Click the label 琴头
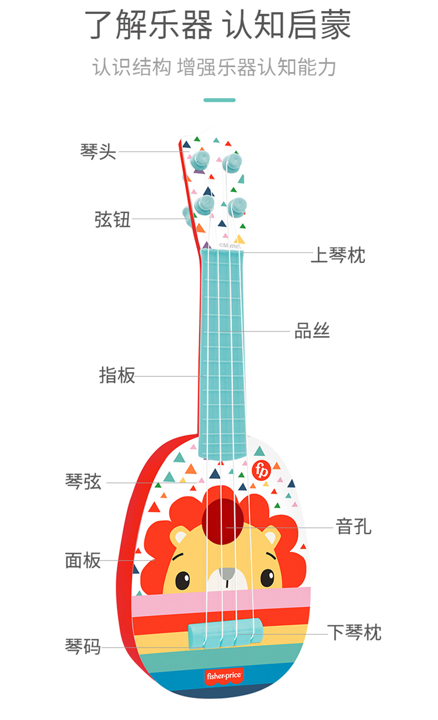tap(98, 152)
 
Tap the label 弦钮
tap(112, 220)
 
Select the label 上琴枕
tap(338, 255)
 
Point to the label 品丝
tap(312, 331)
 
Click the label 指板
tap(117, 375)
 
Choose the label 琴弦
tap(83, 482)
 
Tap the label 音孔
tap(354, 527)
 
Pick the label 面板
tap(83, 560)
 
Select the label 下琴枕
tap(354, 632)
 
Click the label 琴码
tap(83, 647)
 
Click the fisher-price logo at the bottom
tap(223, 676)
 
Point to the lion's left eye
tap(182, 580)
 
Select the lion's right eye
tap(267, 577)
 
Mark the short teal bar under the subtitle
tap(219, 100)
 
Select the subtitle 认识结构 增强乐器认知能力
tap(214, 67)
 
